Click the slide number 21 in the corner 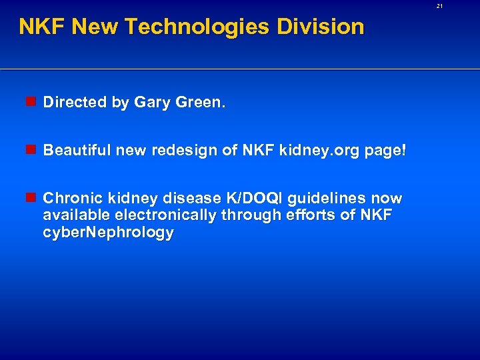pyautogui.click(x=440, y=6)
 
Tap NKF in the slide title pyautogui.click(x=42, y=27)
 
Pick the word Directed pyautogui.click(x=75, y=102)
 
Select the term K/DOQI pyautogui.click(x=249, y=199)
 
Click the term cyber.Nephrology pyautogui.click(x=108, y=232)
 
